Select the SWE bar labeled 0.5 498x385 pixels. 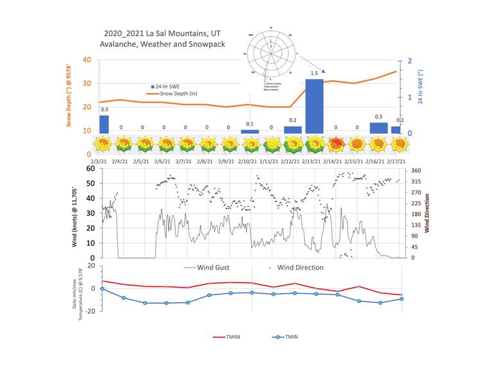point(104,124)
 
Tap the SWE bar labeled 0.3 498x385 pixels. point(379,128)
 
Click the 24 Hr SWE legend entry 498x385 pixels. point(166,86)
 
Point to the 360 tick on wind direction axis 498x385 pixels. point(415,171)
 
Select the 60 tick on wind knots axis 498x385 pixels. point(92,168)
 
